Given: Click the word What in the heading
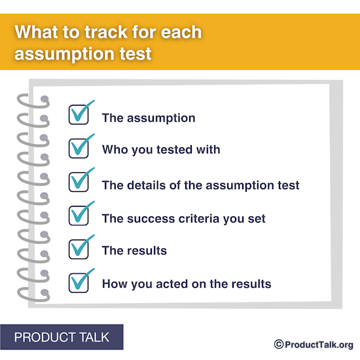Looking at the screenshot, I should point(37,32).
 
